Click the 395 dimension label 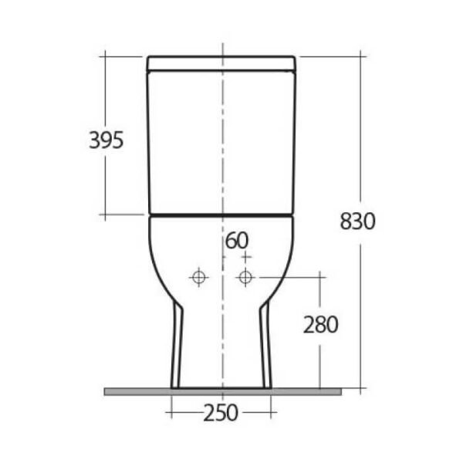click(106, 140)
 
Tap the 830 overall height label click(357, 221)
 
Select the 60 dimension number click(237, 240)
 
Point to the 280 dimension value click(321, 325)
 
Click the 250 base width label click(221, 413)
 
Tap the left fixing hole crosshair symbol click(198, 277)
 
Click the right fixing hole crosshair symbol click(245, 277)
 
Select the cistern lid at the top click(221, 63)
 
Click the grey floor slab click(223, 392)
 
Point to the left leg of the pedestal click(177, 344)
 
